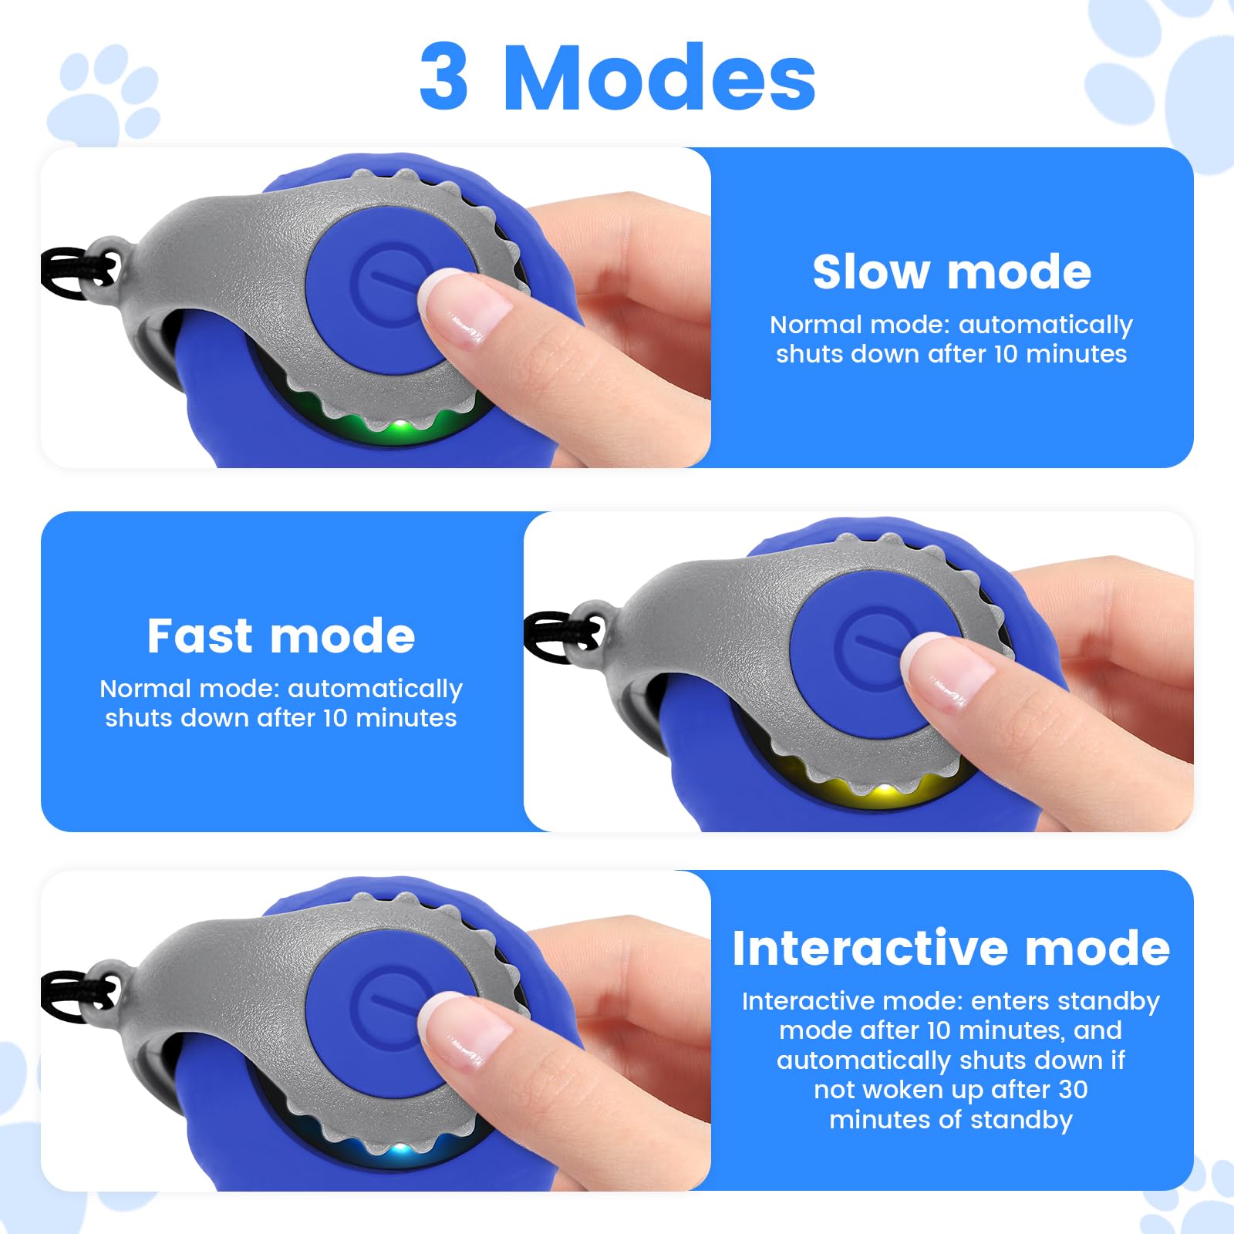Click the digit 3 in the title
click(x=444, y=76)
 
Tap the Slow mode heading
click(x=952, y=272)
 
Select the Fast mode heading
click(x=281, y=636)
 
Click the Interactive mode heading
click(x=951, y=948)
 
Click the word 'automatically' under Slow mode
click(x=1045, y=326)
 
